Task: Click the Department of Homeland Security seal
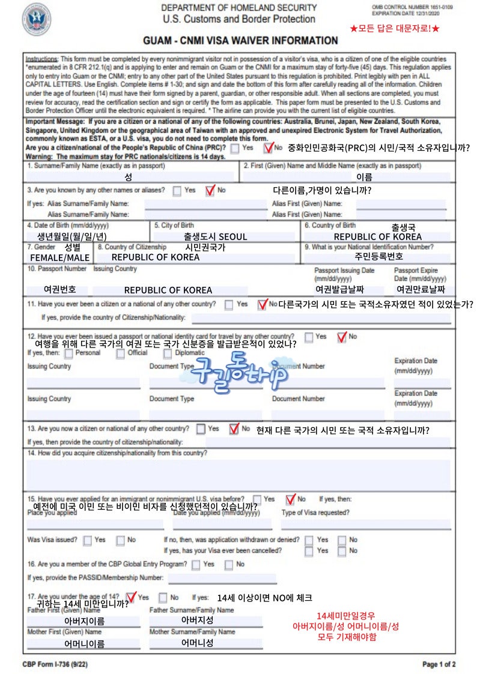37,20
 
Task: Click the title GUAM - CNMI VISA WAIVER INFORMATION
240,41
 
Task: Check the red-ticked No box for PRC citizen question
268,147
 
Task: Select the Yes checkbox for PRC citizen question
235,148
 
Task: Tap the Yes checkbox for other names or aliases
177,191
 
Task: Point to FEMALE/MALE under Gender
60,257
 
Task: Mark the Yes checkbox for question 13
201,429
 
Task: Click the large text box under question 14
238,475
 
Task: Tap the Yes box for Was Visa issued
88,540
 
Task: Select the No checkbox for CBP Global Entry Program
229,565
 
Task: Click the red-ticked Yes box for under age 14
132,598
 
